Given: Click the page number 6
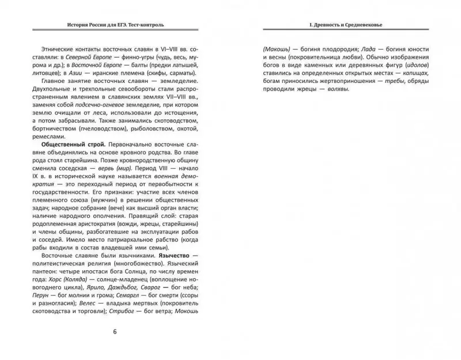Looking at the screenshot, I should click(x=115, y=332).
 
